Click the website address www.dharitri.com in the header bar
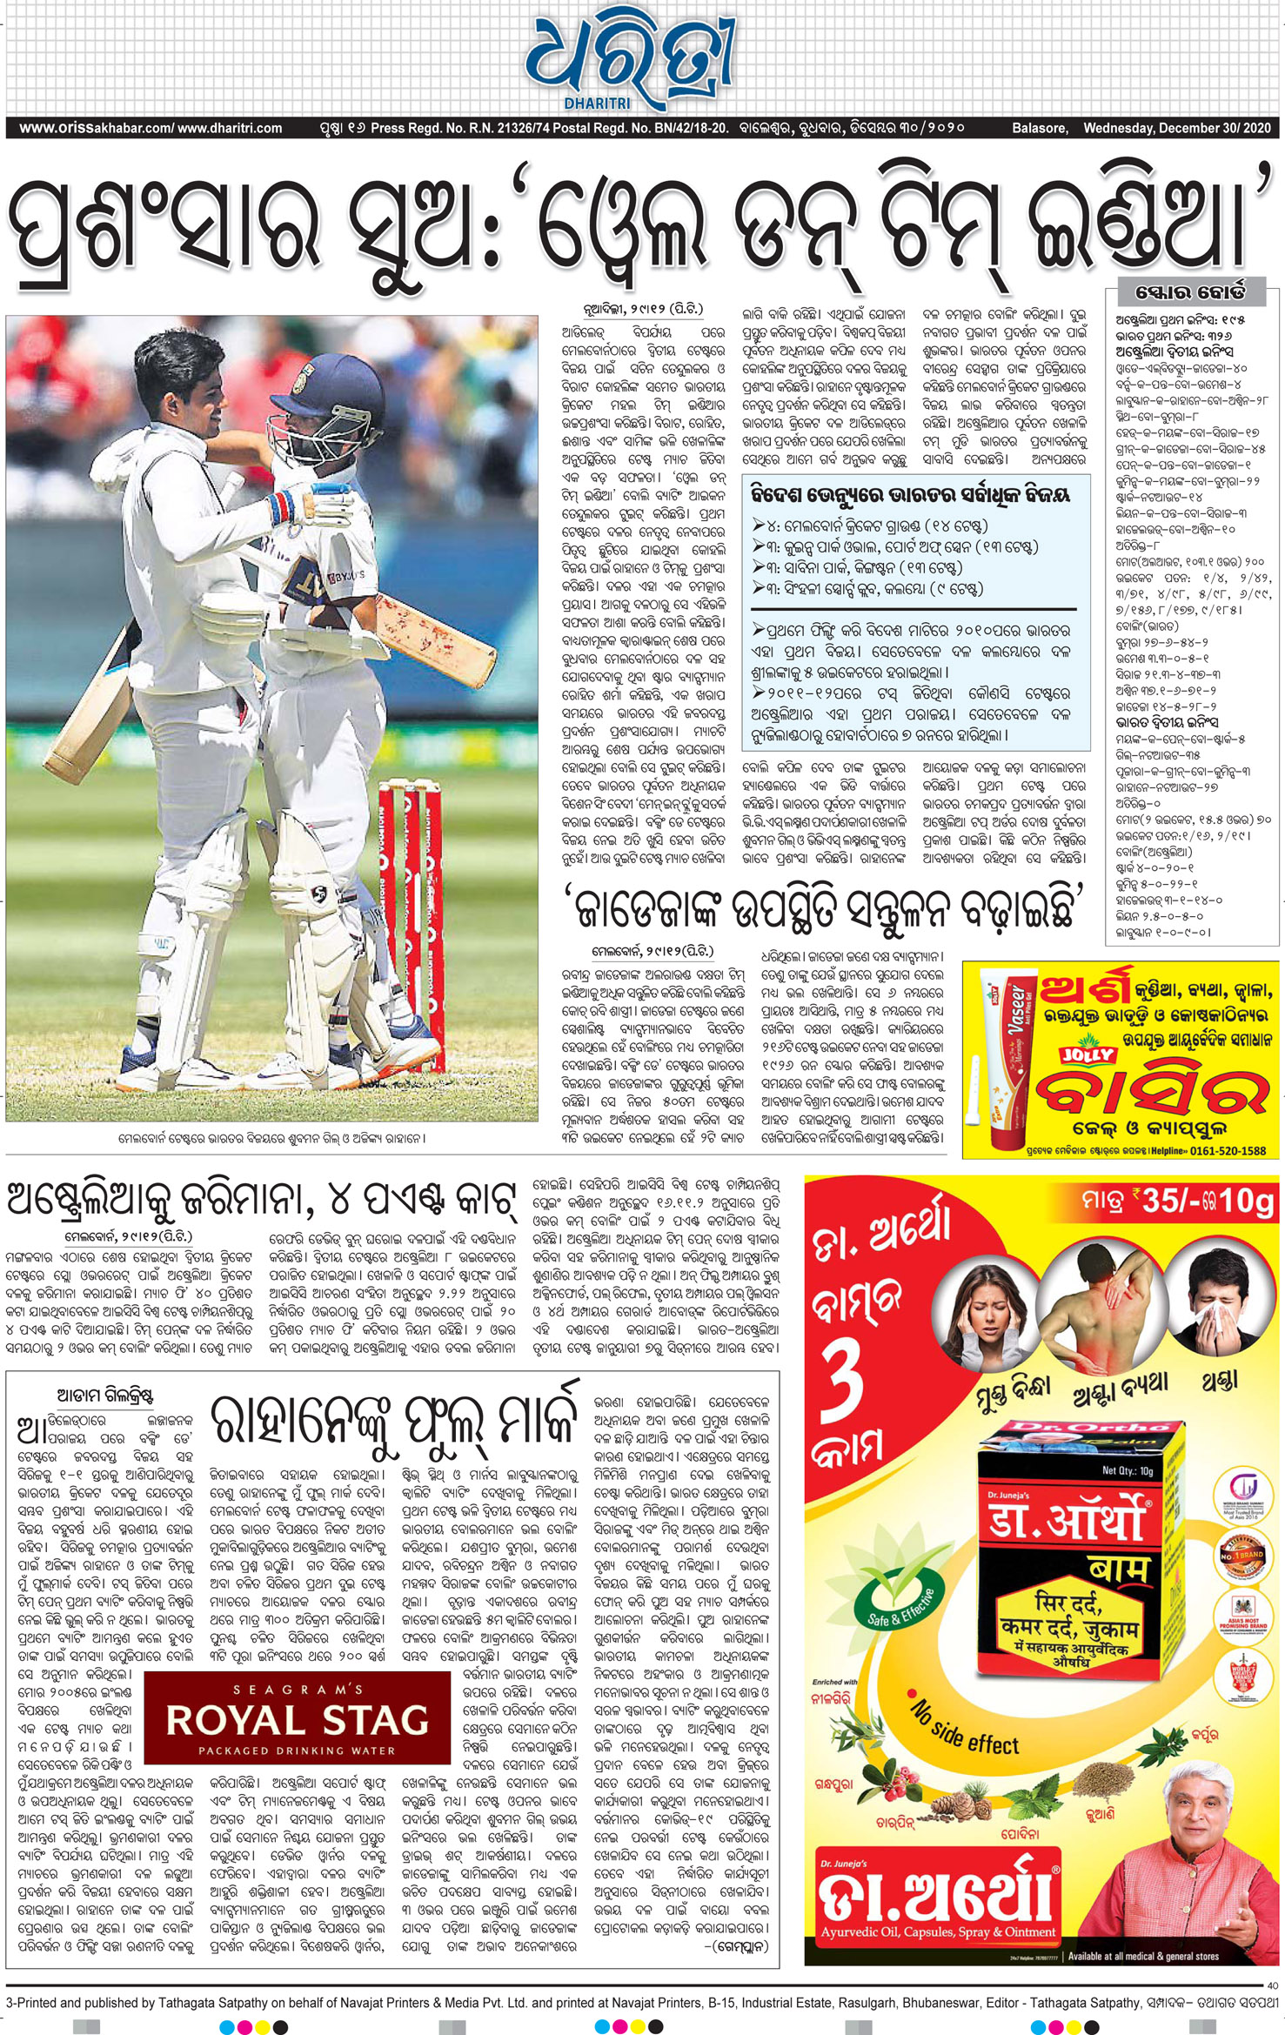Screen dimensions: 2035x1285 pyautogui.click(x=230, y=128)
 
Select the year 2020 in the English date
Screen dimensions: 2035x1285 pyautogui.click(x=1255, y=128)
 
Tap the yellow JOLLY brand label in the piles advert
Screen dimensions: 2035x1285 pyautogui.click(x=1087, y=1054)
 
